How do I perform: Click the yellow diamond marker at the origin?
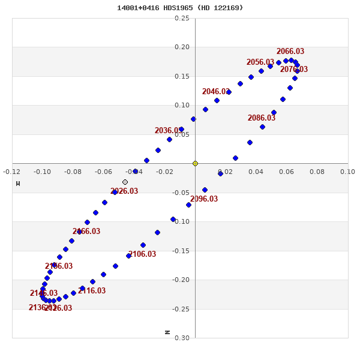pyautogui.click(x=195, y=163)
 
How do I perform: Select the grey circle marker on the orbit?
pyautogui.click(x=125, y=182)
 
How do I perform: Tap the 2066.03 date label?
pyautogui.click(x=290, y=52)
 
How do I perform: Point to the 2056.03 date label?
pyautogui.click(x=260, y=62)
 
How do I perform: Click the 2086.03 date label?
pyautogui.click(x=261, y=118)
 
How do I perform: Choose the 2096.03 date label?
pyautogui.click(x=204, y=199)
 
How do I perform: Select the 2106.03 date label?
pyautogui.click(x=142, y=254)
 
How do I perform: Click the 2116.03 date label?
pyautogui.click(x=92, y=291)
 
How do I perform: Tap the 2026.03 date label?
pyautogui.click(x=124, y=191)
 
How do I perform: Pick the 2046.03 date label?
pyautogui.click(x=215, y=92)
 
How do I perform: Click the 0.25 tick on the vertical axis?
pyautogui.click(x=182, y=19)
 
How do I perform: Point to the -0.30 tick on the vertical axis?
pyautogui.click(x=181, y=338)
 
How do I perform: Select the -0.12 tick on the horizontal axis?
pyautogui.click(x=12, y=172)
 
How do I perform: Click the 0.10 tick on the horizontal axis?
pyautogui.click(x=347, y=172)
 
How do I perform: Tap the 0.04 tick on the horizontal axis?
pyautogui.click(x=256, y=172)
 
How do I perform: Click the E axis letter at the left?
pyautogui.click(x=17, y=183)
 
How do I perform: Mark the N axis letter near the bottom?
pyautogui.click(x=167, y=332)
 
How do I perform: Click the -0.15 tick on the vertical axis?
pyautogui.click(x=181, y=251)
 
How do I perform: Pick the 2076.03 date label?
pyautogui.click(x=294, y=70)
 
